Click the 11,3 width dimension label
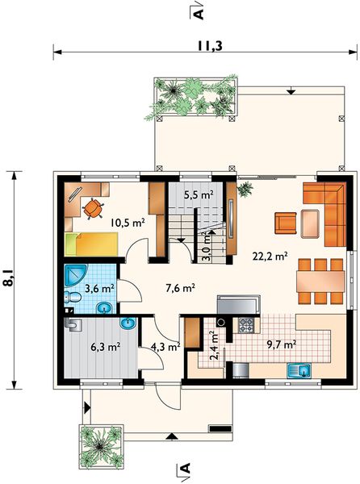[x=210, y=46]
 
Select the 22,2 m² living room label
[x=270, y=257]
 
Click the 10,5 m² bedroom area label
[x=128, y=223]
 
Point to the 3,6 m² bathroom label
[x=100, y=289]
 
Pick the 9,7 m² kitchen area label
[x=282, y=344]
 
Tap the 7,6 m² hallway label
[x=180, y=288]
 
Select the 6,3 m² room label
[x=105, y=347]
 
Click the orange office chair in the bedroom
[x=93, y=209]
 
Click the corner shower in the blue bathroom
[x=75, y=275]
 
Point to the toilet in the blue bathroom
[x=73, y=298]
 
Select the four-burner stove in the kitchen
[x=246, y=325]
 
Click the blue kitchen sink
[x=299, y=370]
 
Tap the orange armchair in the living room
[x=286, y=223]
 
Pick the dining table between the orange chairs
[x=320, y=282]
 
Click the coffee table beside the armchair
[x=310, y=223]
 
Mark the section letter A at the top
[x=199, y=13]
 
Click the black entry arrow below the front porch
[x=172, y=436]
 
